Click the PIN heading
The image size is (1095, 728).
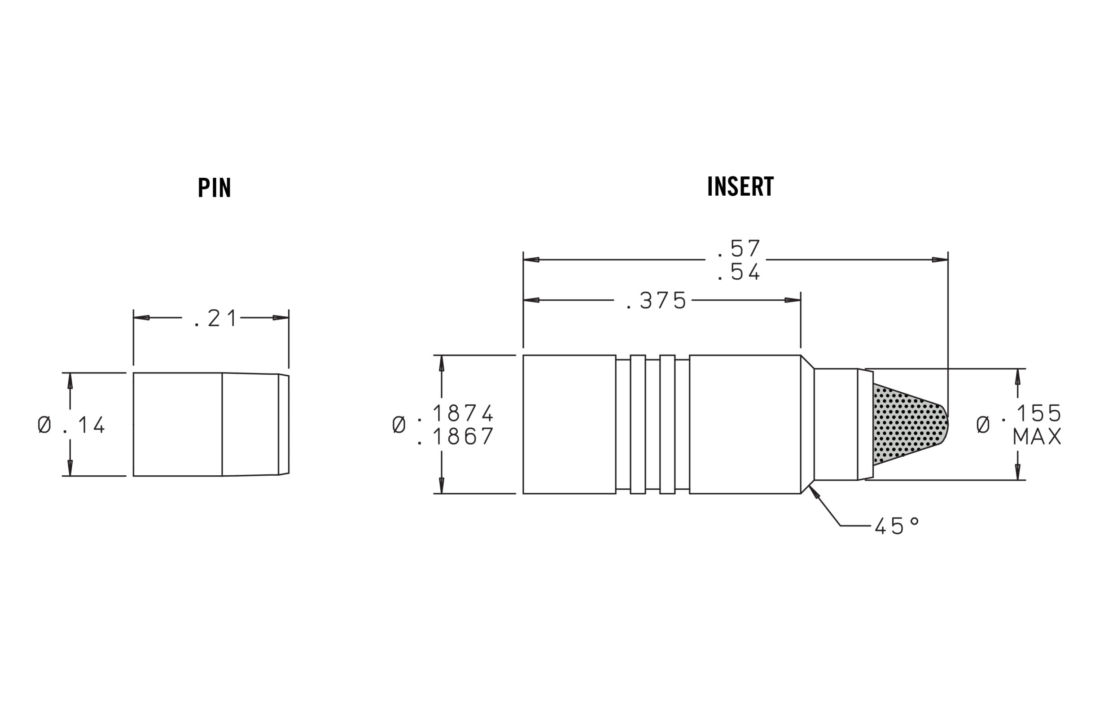214,188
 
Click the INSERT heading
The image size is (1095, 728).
740,186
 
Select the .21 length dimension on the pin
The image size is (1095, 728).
216,319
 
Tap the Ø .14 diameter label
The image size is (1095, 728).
72,425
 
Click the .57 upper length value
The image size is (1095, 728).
739,249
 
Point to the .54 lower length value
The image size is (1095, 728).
739,272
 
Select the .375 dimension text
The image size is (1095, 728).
657,301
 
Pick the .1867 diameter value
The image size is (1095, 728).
456,437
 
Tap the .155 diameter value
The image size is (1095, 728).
1038,413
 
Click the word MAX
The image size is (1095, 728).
1037,437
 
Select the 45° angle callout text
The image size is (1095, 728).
896,526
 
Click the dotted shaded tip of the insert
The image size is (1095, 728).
905,425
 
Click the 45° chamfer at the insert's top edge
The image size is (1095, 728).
807,362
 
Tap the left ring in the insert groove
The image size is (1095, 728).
638,424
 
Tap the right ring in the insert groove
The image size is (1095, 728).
667,424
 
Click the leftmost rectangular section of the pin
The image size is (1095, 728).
177,424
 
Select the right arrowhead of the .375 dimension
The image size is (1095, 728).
793,300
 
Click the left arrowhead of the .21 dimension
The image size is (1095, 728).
141,318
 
